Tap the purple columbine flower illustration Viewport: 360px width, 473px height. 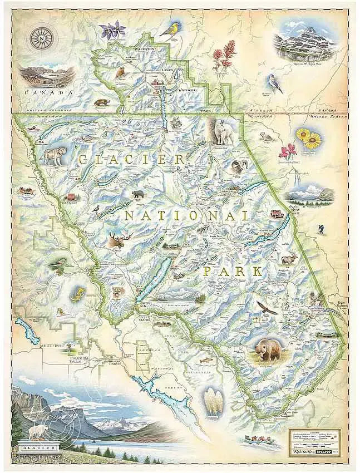point(113,29)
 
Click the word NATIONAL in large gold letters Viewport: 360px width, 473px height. point(186,215)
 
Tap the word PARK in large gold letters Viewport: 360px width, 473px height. point(233,271)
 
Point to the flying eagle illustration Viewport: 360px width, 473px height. point(267,307)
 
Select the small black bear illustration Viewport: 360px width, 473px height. point(137,195)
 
